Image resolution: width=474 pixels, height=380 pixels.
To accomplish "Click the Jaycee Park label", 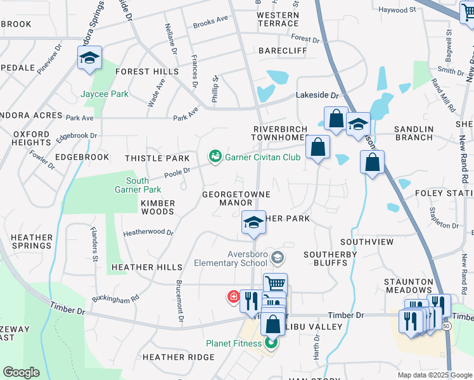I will pos(105,94).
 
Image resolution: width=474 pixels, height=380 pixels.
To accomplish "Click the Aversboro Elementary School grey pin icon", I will pos(277,257).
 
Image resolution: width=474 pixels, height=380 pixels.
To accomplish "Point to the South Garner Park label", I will pos(138,185).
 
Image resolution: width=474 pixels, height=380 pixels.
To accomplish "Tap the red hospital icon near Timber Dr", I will pos(234,296).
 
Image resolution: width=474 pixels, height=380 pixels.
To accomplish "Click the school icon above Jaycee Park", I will pos(89,59).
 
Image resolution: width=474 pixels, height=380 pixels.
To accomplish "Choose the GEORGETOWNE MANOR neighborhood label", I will pos(236,198).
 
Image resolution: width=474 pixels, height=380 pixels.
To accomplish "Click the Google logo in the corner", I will pos(21,372).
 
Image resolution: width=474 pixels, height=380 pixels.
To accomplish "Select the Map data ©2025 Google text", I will pos(435,375).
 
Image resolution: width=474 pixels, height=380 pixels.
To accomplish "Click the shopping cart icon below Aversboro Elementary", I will pos(275,284).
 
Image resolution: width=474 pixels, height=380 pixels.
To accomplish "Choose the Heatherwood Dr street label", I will pos(148,232).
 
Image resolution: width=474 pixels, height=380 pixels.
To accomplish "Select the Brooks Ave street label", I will pos(210,20).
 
